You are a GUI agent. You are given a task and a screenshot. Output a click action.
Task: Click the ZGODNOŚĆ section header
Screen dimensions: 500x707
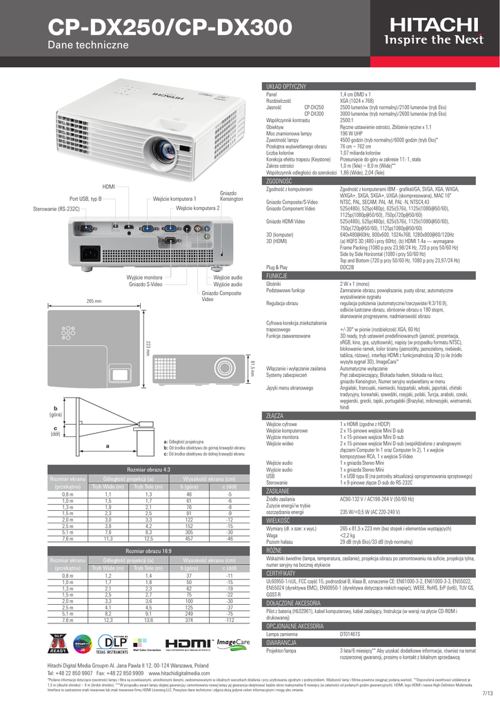[280, 181]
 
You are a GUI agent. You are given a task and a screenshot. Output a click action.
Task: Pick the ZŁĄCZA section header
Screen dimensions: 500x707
[276, 416]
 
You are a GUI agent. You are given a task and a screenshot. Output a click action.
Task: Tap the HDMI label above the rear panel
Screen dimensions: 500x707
[108, 187]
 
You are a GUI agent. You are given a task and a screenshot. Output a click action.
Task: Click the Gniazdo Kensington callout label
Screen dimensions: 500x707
[232, 195]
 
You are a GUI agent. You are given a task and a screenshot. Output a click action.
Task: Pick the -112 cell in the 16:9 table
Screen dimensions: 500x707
[229, 620]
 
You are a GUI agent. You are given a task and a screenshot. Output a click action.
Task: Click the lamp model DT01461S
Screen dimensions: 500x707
[354, 632]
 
